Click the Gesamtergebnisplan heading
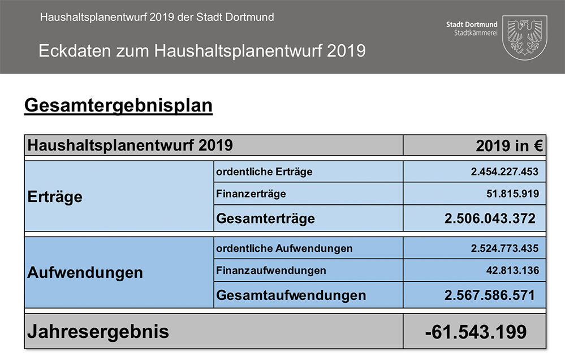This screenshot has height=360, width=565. click(x=118, y=106)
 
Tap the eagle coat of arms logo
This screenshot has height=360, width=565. click(x=524, y=37)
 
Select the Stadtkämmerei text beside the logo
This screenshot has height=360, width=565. click(x=476, y=33)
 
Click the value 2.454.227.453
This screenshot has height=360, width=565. click(x=504, y=172)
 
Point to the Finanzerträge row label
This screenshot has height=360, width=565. click(x=251, y=194)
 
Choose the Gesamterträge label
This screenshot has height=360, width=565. click(x=265, y=218)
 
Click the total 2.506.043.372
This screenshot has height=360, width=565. click(x=490, y=218)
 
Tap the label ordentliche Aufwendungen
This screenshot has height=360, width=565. click(x=284, y=248)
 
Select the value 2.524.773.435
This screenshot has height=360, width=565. click(x=504, y=248)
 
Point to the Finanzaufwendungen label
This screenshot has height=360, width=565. click(x=271, y=271)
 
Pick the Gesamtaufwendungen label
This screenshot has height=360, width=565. click(x=291, y=295)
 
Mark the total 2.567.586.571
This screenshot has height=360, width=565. click(x=490, y=295)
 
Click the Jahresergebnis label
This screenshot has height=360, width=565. click(x=98, y=332)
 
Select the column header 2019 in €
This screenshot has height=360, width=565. click(x=510, y=146)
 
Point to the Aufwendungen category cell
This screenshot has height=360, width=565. click(x=85, y=273)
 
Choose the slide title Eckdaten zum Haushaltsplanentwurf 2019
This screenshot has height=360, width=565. click(x=202, y=51)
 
